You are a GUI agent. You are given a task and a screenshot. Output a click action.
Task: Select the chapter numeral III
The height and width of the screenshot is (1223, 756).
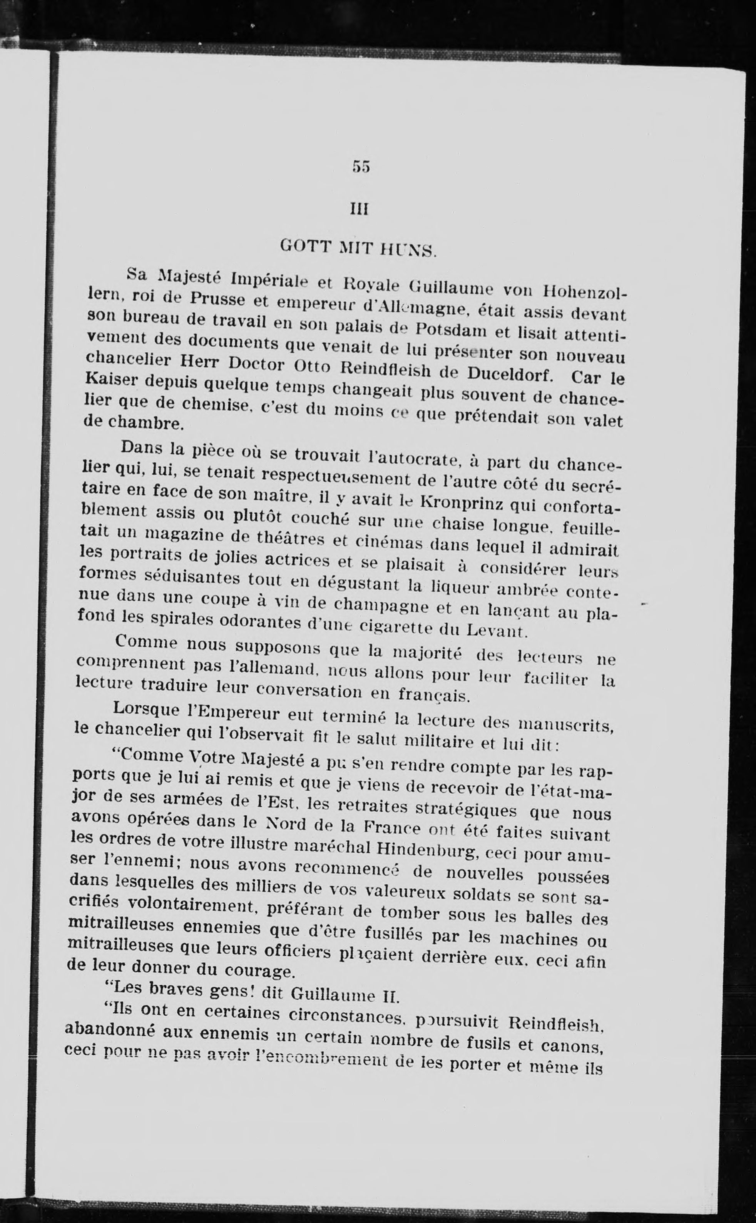pos(360,209)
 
